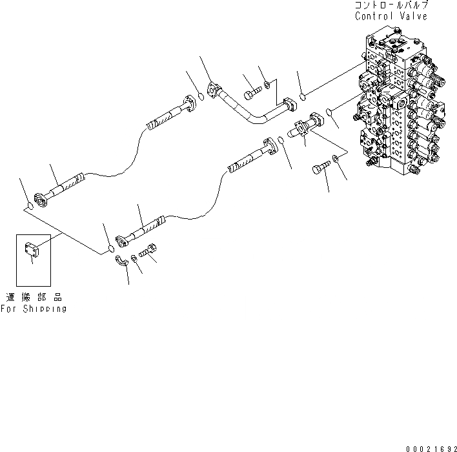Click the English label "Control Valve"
(391, 16)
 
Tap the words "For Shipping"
(34, 309)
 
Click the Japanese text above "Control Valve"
(391, 5)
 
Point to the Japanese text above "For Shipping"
(34, 298)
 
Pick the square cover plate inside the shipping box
(33, 250)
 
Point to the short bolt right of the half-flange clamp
(148, 253)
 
